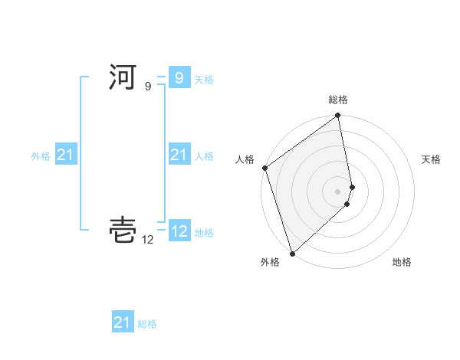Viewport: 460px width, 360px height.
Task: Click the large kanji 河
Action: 123,78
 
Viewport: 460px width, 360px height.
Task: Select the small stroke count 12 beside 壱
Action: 148,240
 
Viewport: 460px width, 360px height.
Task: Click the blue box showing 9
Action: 179,78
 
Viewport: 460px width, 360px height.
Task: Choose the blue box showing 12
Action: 179,231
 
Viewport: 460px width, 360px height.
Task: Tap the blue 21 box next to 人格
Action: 179,155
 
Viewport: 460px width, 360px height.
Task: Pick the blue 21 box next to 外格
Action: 66,155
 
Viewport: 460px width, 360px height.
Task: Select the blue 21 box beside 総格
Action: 122,322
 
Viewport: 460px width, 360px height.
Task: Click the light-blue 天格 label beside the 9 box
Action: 204,79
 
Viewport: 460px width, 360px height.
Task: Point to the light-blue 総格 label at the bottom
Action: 147,324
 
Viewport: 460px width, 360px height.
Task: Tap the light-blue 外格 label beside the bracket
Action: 41,156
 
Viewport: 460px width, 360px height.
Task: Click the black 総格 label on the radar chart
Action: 338,100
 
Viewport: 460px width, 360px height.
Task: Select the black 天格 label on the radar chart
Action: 431,159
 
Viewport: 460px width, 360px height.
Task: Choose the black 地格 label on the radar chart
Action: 402,263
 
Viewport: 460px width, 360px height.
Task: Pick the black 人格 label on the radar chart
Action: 245,159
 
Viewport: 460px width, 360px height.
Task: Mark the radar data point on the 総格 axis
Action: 338,116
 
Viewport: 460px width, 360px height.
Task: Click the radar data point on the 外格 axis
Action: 292,253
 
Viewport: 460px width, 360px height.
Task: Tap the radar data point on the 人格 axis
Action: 264,168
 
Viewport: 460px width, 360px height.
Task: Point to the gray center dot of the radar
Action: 338,191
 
